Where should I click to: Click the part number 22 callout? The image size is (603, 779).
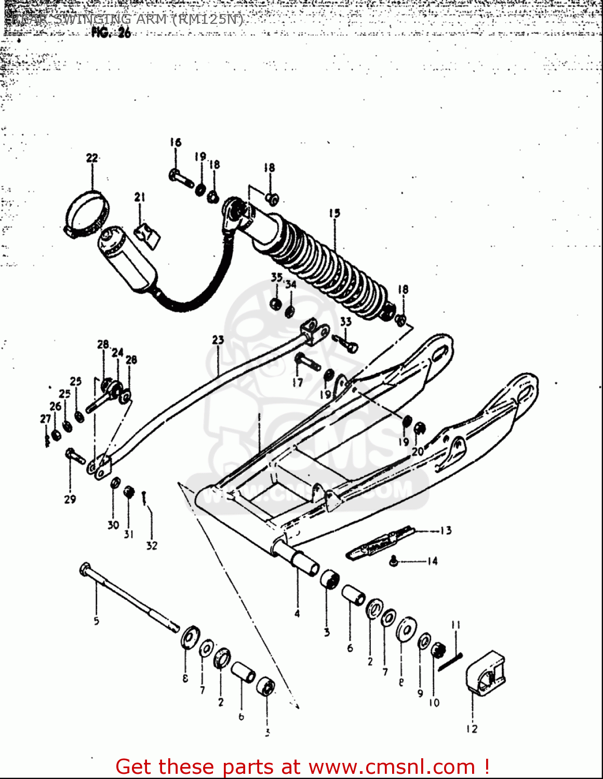[x=92, y=158]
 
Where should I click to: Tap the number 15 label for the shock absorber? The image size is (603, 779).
[x=334, y=213]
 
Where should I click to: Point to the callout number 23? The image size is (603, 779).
[x=218, y=340]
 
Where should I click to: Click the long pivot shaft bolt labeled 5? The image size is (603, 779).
[x=130, y=597]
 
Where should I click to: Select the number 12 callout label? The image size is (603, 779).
[x=472, y=729]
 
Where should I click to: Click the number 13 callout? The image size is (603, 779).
[x=446, y=530]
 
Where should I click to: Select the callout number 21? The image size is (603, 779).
[x=139, y=197]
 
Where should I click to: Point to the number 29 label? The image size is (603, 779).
[x=70, y=499]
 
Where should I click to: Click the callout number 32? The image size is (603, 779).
[x=151, y=545]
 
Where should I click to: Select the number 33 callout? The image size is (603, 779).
[x=345, y=321]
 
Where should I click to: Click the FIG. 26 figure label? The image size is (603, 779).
[x=111, y=33]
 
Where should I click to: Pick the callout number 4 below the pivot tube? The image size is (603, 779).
[x=297, y=613]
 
